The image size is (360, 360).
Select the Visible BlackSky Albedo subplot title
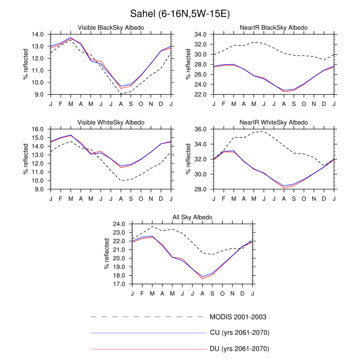[111, 27]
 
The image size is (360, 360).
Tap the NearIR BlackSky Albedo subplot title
[274, 27]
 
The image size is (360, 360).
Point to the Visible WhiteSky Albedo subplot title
[111, 122]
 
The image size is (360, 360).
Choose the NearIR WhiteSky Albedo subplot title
[274, 122]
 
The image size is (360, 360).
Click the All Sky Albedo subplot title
[192, 218]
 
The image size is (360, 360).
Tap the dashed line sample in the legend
[148, 317]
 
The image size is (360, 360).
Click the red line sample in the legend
[148, 349]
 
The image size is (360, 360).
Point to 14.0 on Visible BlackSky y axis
[38, 34]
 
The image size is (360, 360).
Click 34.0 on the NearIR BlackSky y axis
[201, 34]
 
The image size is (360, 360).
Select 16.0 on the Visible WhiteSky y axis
[38, 130]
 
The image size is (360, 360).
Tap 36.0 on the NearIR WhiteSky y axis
[201, 130]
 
